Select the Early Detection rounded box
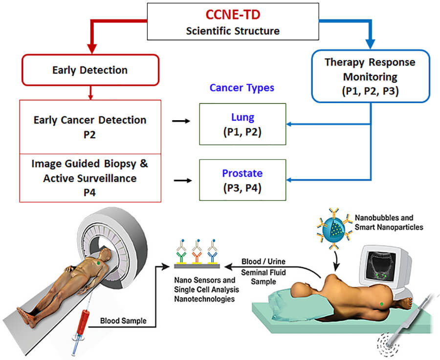tap(89, 70)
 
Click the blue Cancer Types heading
tap(242, 88)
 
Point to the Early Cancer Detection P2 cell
tap(89, 127)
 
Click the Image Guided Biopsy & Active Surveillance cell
tap(89, 177)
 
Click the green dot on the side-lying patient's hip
tap(381, 305)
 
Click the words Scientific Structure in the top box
tap(232, 31)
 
